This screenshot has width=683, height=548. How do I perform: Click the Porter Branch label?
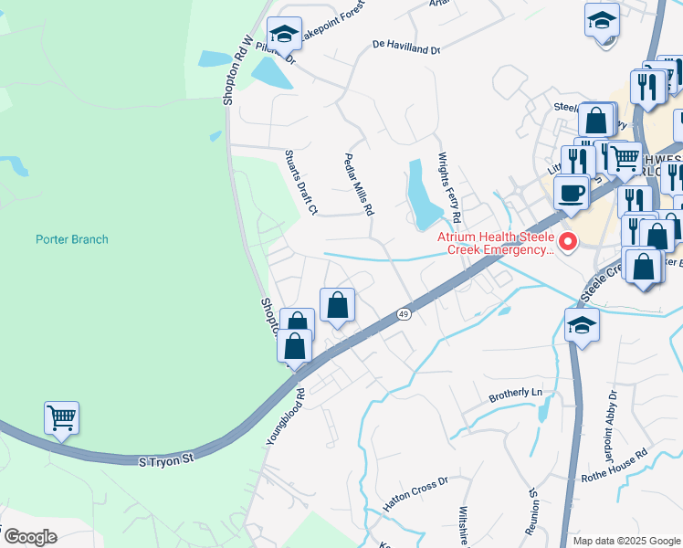[71, 239]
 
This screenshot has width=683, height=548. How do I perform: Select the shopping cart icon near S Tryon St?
[61, 418]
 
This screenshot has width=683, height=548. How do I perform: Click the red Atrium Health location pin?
[568, 242]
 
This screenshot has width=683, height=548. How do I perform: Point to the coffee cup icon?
[571, 193]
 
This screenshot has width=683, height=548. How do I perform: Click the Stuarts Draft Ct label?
[299, 183]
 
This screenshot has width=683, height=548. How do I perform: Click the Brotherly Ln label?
[515, 393]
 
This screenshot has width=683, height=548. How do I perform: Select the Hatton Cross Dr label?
[415, 493]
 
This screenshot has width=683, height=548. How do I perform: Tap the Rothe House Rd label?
[615, 465]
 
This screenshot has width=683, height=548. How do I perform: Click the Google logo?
[30, 537]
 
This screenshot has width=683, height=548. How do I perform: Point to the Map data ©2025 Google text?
[626, 541]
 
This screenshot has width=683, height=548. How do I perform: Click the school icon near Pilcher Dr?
[284, 36]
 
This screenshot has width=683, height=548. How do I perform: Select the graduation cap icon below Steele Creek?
[582, 326]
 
